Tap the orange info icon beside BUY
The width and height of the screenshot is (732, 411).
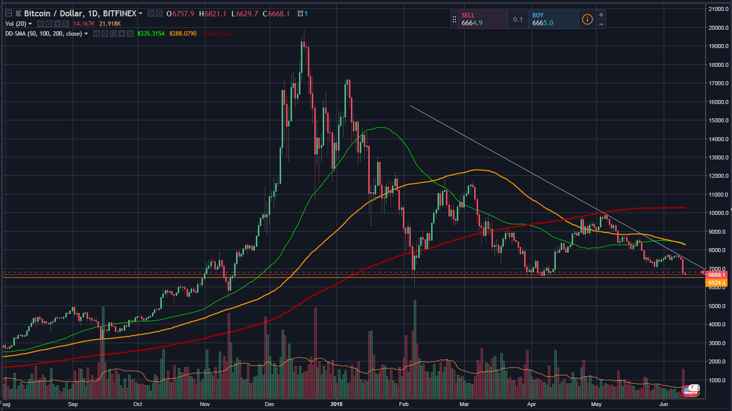coord(587,19)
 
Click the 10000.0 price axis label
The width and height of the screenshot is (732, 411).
coord(718,213)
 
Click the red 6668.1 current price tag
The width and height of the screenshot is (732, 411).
coord(716,274)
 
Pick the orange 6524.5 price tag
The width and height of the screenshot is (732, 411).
coord(716,283)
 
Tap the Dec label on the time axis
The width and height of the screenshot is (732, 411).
coord(270,404)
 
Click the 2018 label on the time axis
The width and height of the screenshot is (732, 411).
coord(337,404)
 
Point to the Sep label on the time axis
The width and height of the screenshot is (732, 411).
coord(73,404)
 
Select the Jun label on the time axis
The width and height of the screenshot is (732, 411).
coord(664,404)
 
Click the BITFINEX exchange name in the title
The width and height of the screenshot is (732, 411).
coord(119,13)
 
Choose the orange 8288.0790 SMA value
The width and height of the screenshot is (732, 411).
coord(183,34)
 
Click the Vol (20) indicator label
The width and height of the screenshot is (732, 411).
coord(15,24)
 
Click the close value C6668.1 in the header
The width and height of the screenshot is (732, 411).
coord(279,13)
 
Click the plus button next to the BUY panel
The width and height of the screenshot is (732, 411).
coord(601,15)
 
